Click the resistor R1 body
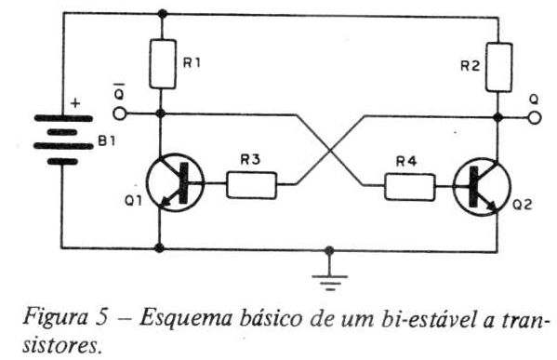[x=163, y=64]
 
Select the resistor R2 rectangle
[x=499, y=67]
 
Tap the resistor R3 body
[x=251, y=185]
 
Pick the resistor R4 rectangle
[x=409, y=187]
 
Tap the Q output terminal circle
[x=535, y=117]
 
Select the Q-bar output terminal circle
[x=120, y=114]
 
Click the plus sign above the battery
[x=75, y=103]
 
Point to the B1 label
[x=107, y=141]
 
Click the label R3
[x=250, y=160]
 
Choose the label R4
[x=406, y=162]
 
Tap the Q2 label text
[x=523, y=205]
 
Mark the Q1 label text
[x=133, y=201]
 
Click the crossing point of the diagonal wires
[x=330, y=151]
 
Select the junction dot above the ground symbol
[x=329, y=250]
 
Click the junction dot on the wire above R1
[x=163, y=14]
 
